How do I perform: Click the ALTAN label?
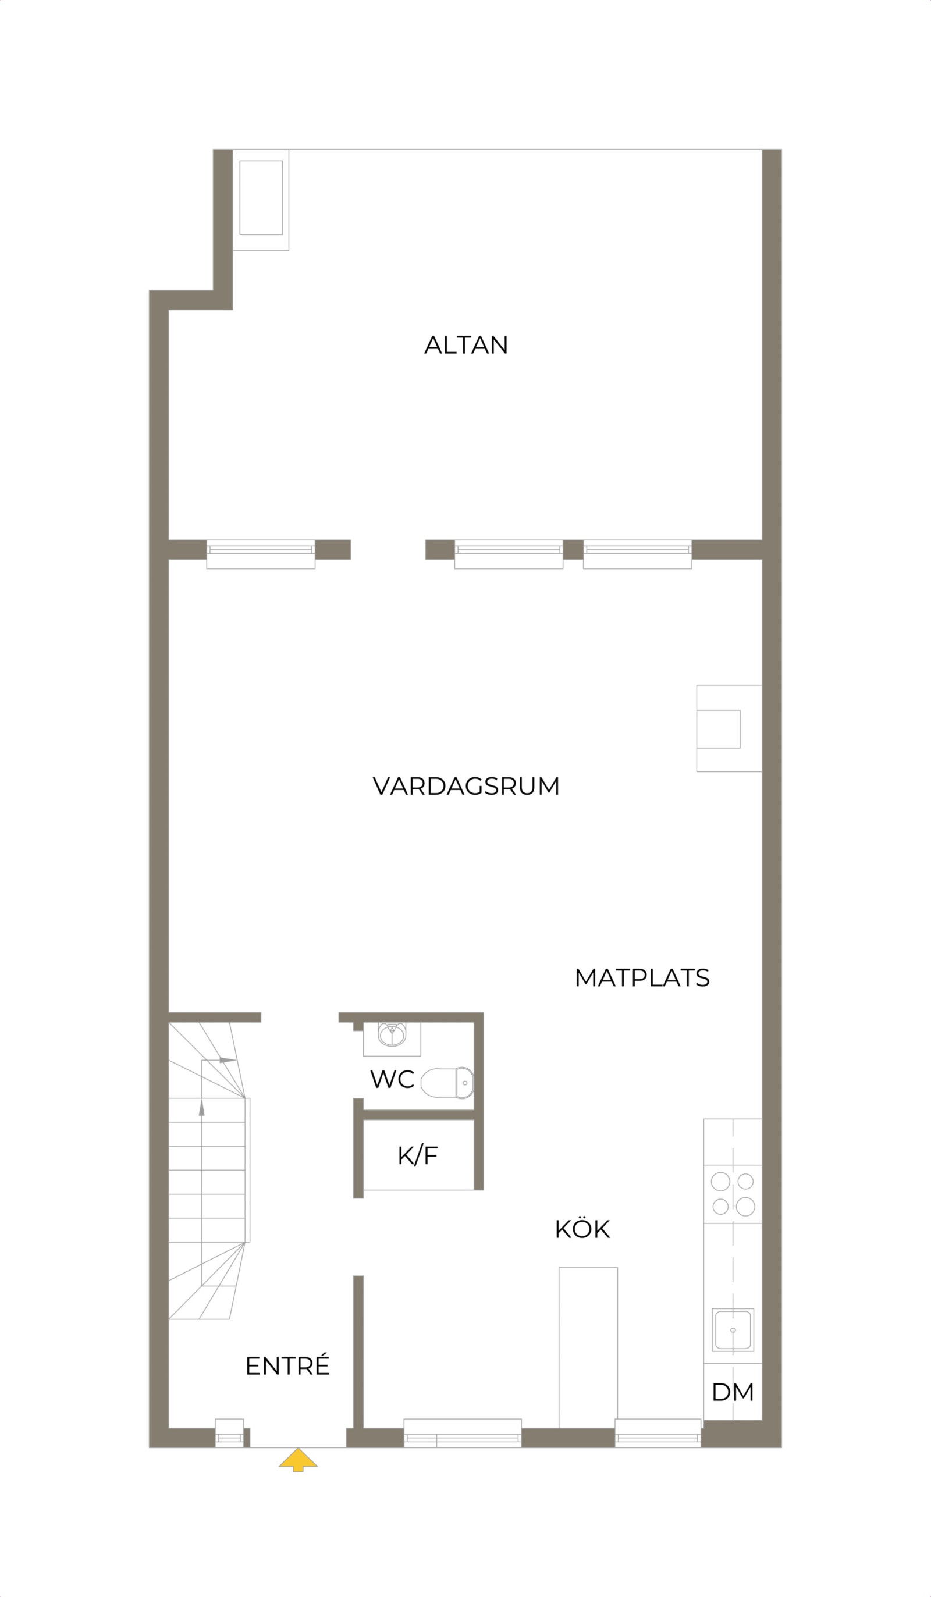pyautogui.click(x=466, y=346)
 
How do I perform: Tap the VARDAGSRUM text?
pyautogui.click(x=466, y=787)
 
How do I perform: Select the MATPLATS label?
pyautogui.click(x=641, y=978)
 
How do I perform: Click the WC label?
pyautogui.click(x=392, y=1079)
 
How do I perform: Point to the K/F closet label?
pyautogui.click(x=418, y=1156)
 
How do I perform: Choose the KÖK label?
pyautogui.click(x=582, y=1229)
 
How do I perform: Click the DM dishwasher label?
pyautogui.click(x=732, y=1392)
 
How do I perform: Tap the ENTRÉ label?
pyautogui.click(x=287, y=1366)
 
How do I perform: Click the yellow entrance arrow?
pyautogui.click(x=298, y=1459)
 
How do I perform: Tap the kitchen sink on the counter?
pyautogui.click(x=733, y=1329)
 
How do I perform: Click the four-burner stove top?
pyautogui.click(x=733, y=1194)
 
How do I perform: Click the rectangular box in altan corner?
pyautogui.click(x=261, y=198)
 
